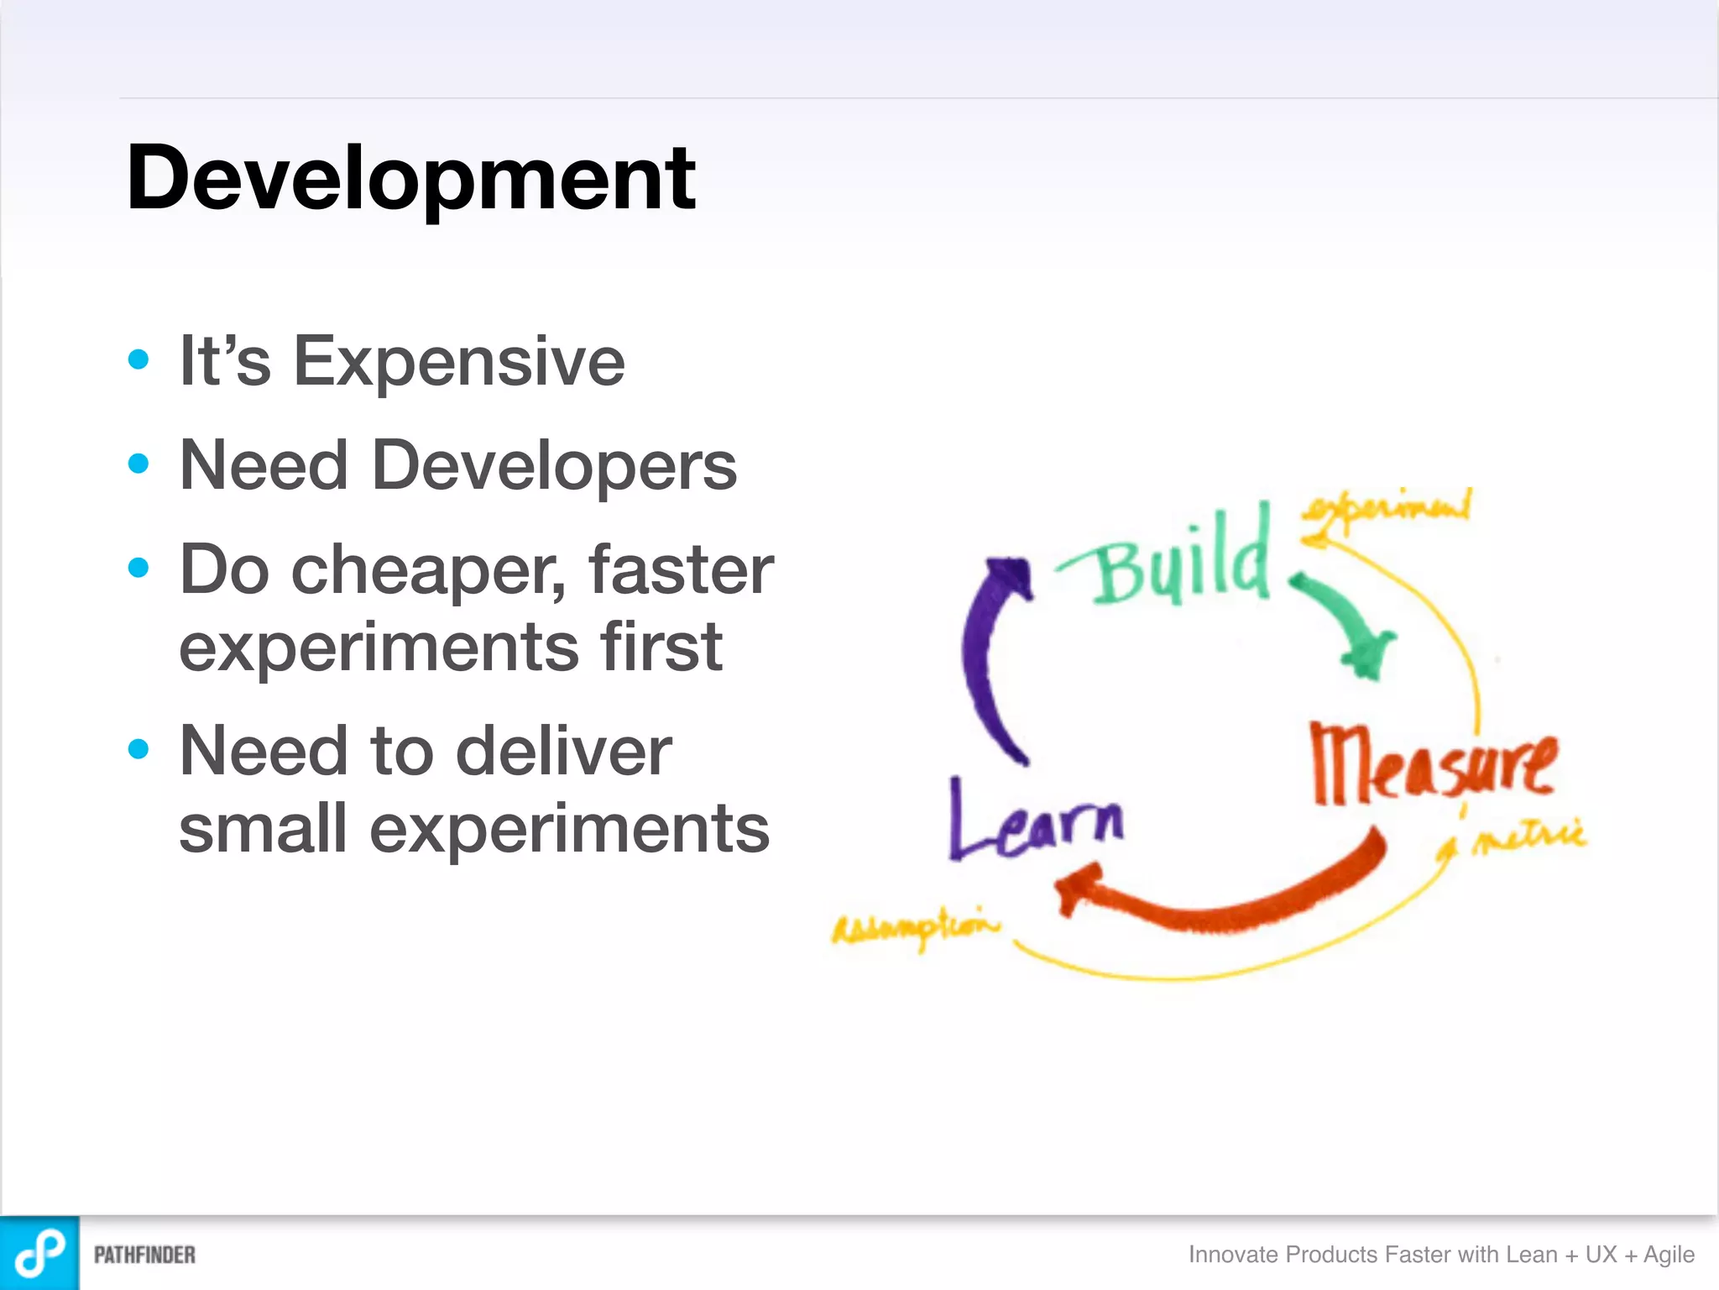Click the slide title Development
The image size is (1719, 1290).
(410, 178)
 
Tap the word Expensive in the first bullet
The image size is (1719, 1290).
(458, 361)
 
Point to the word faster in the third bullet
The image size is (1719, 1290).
(680, 569)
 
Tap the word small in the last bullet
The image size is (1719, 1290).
(263, 828)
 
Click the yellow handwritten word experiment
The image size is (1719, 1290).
(1387, 509)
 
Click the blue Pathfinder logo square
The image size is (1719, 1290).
(39, 1253)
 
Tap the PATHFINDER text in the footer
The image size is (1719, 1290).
(144, 1255)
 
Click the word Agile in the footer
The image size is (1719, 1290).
(1669, 1255)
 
